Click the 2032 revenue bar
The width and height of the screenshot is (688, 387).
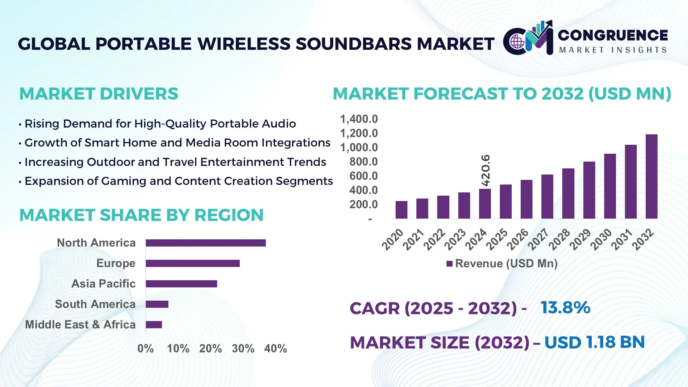coord(651,176)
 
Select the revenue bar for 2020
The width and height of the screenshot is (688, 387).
coord(401,210)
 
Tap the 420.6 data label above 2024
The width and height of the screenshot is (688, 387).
coord(486,170)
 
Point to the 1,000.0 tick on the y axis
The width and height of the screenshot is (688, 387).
coord(359,148)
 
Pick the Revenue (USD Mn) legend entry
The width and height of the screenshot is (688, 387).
coord(502,264)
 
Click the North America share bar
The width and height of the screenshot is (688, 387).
coord(206,243)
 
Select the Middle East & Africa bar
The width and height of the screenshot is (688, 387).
coord(154,325)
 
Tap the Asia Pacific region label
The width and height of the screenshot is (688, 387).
coord(103,284)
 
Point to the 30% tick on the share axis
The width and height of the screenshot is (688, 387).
coord(243,348)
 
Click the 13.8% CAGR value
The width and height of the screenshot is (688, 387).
coord(565,307)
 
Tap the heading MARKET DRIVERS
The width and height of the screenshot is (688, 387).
coord(99,94)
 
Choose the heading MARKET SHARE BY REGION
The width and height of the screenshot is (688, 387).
coord(141,215)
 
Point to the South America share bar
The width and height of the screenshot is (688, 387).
coord(157,304)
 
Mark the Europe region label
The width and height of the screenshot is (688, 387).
coord(116,263)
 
